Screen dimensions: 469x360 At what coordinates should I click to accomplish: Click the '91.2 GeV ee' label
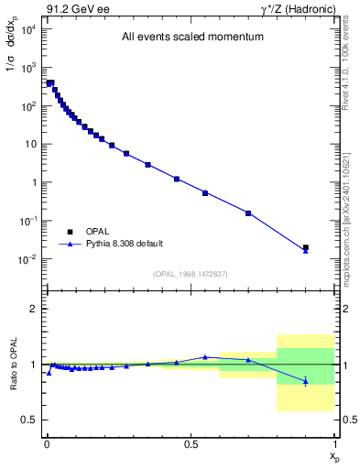click(x=71, y=8)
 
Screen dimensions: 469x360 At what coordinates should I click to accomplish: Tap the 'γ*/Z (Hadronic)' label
click(x=298, y=8)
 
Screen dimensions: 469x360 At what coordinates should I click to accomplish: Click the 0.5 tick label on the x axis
click(x=191, y=442)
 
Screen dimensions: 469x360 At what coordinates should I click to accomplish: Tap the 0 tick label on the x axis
click(x=46, y=442)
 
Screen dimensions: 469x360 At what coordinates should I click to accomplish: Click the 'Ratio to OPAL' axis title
click(x=12, y=364)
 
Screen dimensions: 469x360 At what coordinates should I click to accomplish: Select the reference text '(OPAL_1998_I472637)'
click(x=191, y=274)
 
